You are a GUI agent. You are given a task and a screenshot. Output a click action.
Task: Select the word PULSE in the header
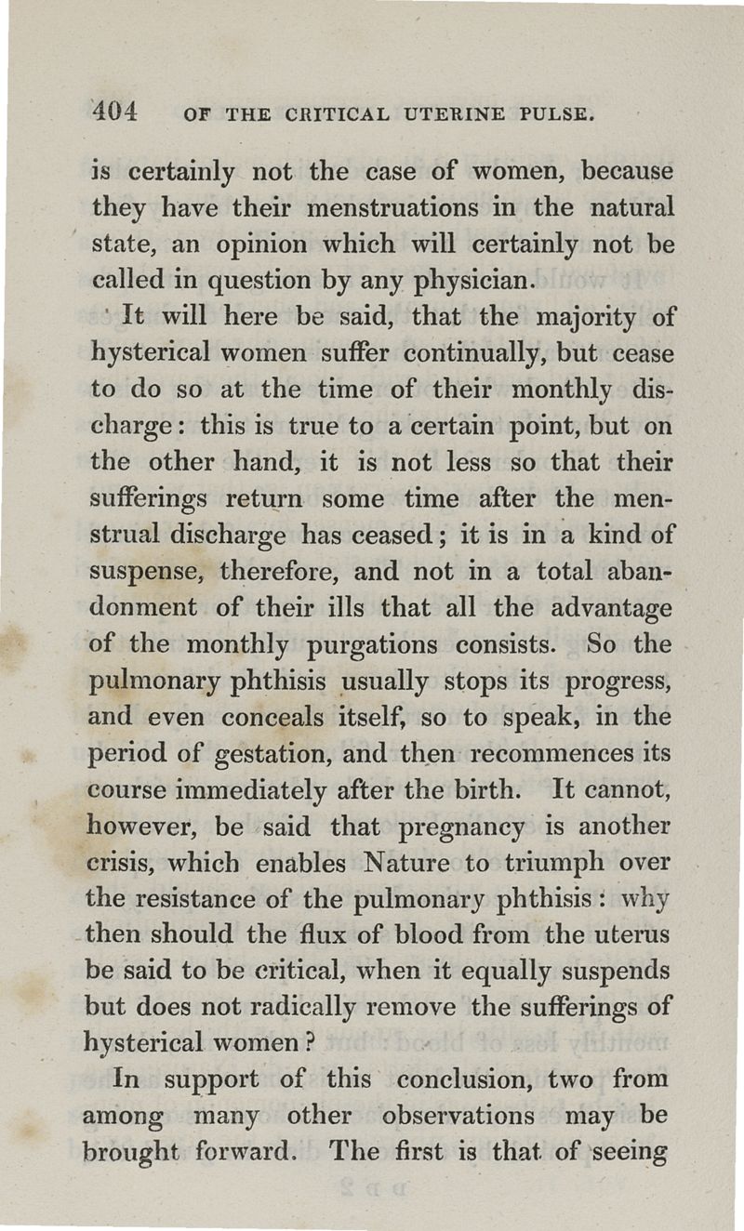[x=556, y=116]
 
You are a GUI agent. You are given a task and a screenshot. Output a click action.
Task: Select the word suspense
[x=140, y=572]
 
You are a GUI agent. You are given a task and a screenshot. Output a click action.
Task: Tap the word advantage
[x=609, y=608]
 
